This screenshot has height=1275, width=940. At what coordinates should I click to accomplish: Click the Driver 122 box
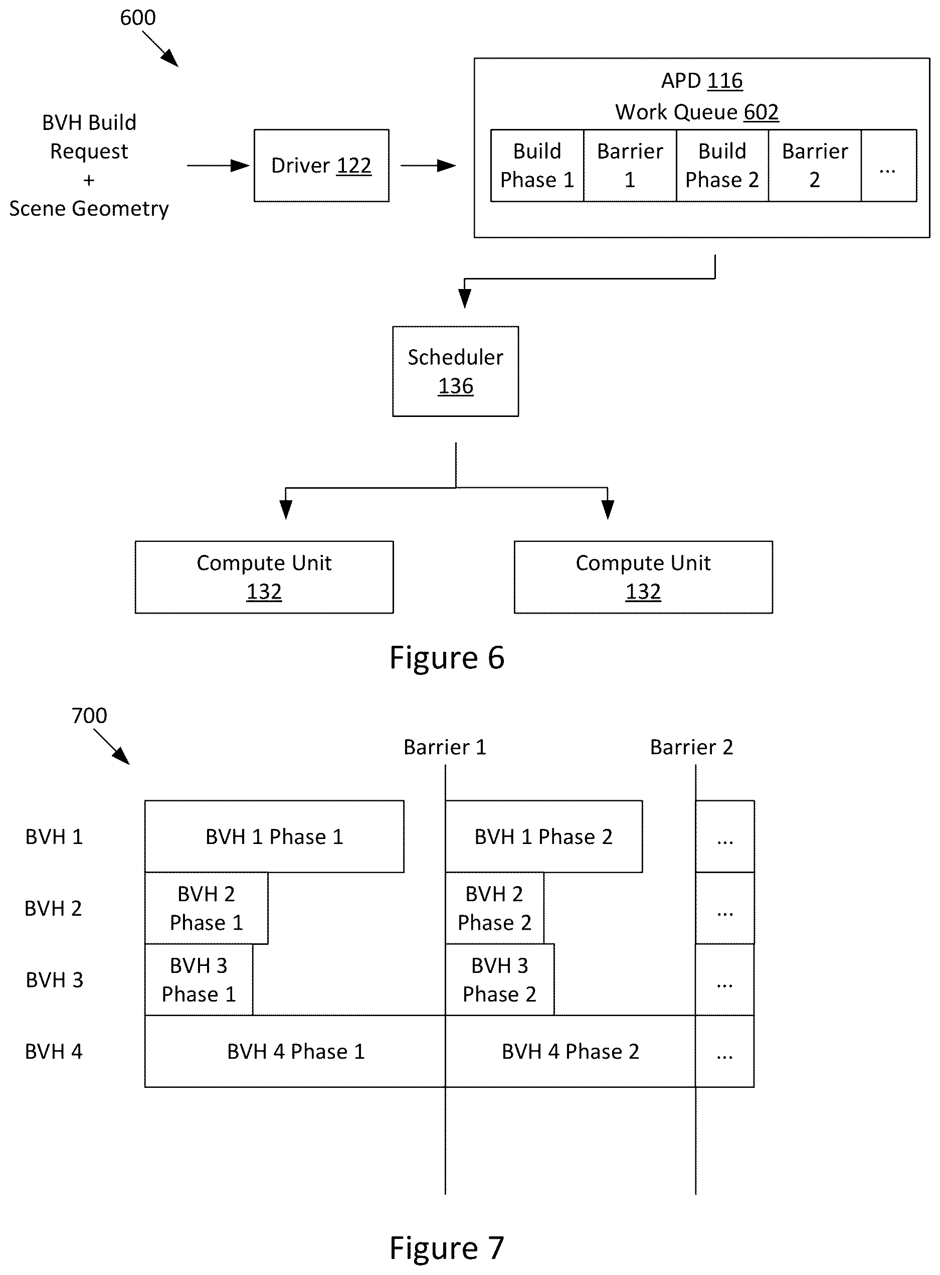click(321, 165)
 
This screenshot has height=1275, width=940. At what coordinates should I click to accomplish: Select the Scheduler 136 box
click(455, 371)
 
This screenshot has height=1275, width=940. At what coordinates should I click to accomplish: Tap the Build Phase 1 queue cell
click(537, 165)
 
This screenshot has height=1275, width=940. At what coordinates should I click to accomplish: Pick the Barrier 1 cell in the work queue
click(630, 165)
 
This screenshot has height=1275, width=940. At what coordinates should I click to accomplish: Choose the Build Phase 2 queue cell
click(722, 165)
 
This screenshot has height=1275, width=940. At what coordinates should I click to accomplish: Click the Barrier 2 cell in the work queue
click(815, 165)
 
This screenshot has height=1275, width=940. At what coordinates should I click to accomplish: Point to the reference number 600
click(138, 18)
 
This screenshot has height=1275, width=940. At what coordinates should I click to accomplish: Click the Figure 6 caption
click(447, 658)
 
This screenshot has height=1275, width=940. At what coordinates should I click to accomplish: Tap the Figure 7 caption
click(447, 1248)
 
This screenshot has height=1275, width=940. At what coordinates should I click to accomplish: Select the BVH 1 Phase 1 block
click(274, 836)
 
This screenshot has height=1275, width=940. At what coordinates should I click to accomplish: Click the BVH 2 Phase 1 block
click(206, 908)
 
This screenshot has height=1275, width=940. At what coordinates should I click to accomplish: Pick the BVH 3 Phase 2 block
click(500, 980)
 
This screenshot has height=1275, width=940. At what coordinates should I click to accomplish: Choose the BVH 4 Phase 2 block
click(570, 1052)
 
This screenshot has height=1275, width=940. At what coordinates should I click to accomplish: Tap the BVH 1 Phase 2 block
click(544, 836)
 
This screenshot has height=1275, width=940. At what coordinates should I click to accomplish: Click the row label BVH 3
click(55, 980)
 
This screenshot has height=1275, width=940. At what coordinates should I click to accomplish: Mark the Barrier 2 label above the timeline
click(691, 747)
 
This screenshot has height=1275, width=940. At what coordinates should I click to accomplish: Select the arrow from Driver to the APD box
click(429, 166)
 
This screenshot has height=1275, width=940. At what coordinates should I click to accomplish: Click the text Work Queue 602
click(697, 112)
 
